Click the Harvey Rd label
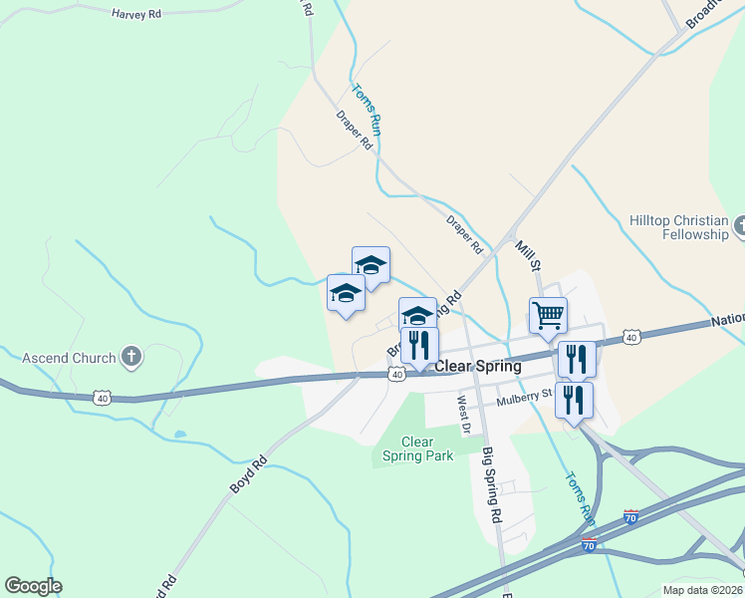click(136, 14)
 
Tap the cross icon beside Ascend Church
click(131, 355)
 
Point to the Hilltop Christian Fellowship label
click(679, 227)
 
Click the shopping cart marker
click(548, 316)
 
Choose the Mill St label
click(527, 255)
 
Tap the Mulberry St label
click(525, 396)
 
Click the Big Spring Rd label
click(490, 485)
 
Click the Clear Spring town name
click(477, 366)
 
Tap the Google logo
click(33, 586)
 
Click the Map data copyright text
click(701, 590)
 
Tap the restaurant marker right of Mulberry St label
click(574, 400)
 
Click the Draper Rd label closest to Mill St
click(464, 234)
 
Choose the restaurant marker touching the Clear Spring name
click(419, 346)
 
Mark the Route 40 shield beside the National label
click(632, 339)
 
